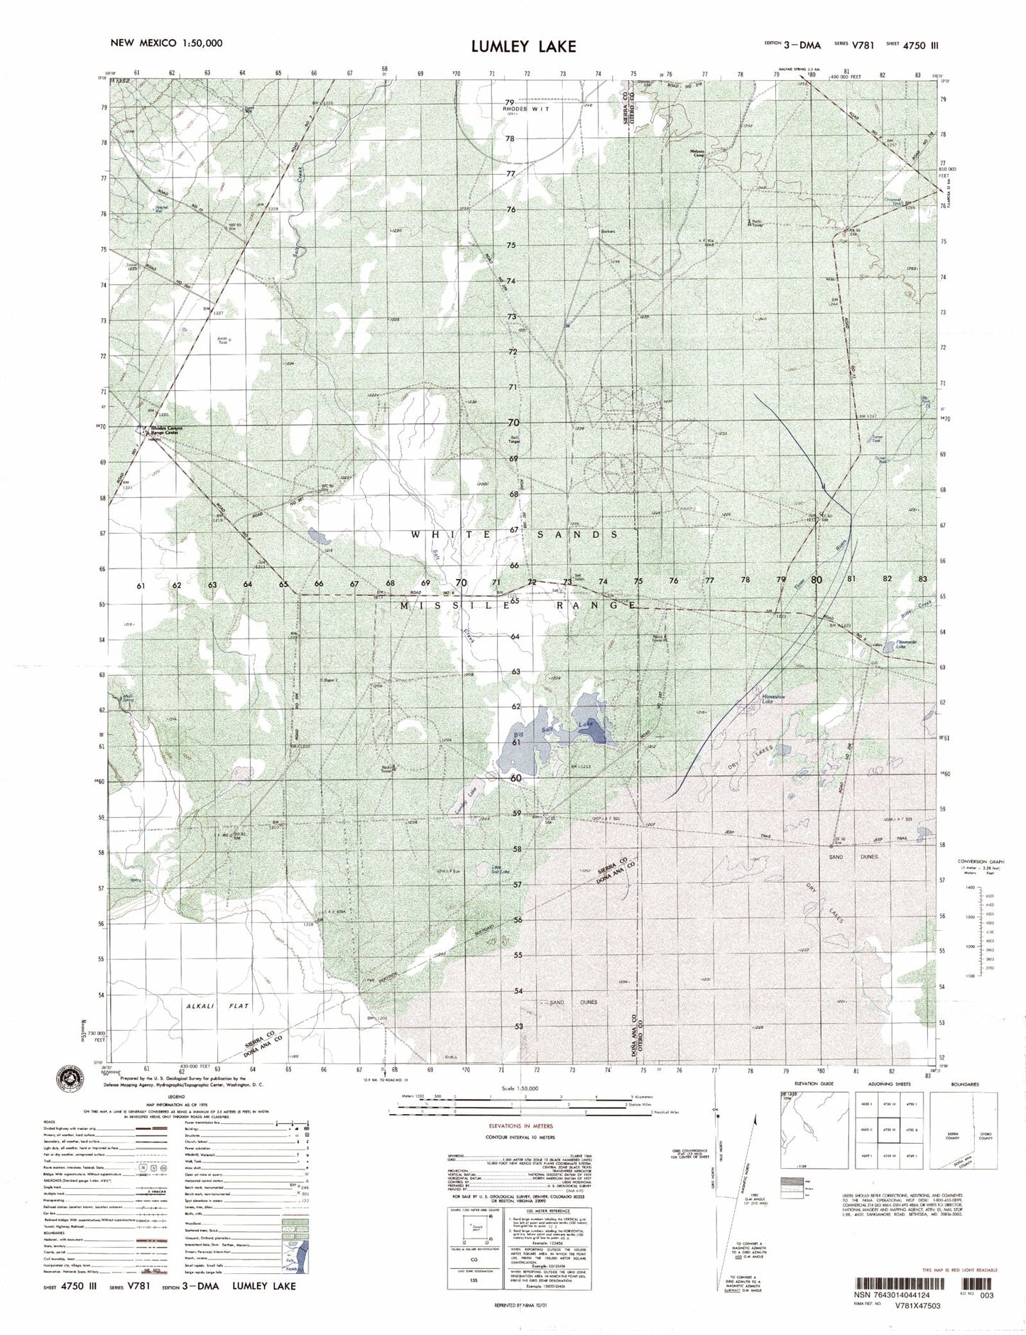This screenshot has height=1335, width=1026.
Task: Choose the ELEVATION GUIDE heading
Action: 814,1084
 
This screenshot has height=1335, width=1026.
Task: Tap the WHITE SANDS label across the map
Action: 516,534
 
